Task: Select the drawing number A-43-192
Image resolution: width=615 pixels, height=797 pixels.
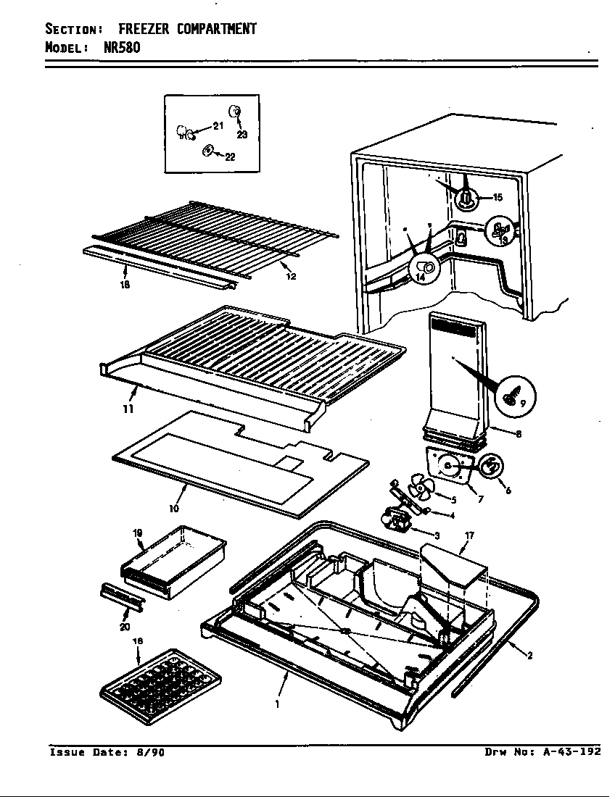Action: (571, 751)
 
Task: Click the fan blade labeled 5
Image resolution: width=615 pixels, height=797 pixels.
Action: (418, 491)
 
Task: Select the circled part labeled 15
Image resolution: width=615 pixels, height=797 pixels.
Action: (469, 196)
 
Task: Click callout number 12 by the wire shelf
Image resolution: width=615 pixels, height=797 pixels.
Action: (291, 276)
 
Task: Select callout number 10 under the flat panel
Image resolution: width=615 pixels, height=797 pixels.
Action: (174, 509)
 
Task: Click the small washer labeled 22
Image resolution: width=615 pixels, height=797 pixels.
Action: (207, 150)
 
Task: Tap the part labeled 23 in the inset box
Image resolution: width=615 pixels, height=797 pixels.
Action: (236, 112)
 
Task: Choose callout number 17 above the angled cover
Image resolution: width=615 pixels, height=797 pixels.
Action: (469, 535)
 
